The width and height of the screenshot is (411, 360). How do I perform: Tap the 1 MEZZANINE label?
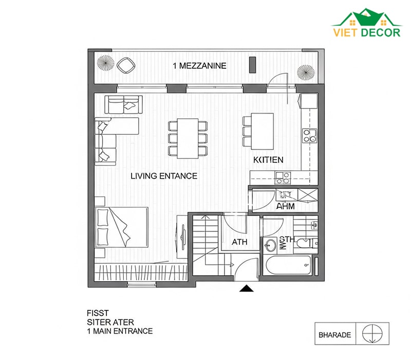pyautogui.click(x=199, y=66)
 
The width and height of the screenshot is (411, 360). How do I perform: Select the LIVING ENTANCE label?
pyautogui.click(x=164, y=176)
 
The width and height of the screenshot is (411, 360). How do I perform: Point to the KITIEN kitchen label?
pyautogui.click(x=268, y=160)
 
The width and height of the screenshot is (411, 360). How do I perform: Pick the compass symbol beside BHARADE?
pyautogui.click(x=372, y=334)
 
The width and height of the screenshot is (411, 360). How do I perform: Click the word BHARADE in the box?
pyautogui.click(x=335, y=335)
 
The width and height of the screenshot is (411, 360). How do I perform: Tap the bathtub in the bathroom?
pyautogui.click(x=288, y=265)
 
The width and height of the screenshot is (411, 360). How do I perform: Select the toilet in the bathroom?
pyautogui.click(x=307, y=243)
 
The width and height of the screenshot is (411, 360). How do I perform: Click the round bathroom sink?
pyautogui.click(x=270, y=245)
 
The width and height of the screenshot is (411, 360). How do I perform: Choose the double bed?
pyautogui.click(x=122, y=227)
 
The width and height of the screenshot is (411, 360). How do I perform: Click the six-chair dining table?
pyautogui.click(x=188, y=138)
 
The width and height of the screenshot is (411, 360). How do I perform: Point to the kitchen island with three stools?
pyautogui.click(x=258, y=131)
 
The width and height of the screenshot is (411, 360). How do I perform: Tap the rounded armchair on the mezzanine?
pyautogui.click(x=126, y=65)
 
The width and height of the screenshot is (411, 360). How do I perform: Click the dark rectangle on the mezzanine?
pyautogui.click(x=252, y=65)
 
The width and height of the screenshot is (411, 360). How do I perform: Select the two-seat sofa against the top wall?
pyautogui.click(x=123, y=105)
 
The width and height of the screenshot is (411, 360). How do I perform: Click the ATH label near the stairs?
pyautogui.click(x=239, y=242)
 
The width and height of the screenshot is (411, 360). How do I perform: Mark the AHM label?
pyautogui.click(x=286, y=206)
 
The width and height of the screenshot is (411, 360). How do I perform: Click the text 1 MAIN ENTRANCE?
pyautogui.click(x=120, y=331)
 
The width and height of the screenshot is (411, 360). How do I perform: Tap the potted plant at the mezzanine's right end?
pyautogui.click(x=306, y=73)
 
